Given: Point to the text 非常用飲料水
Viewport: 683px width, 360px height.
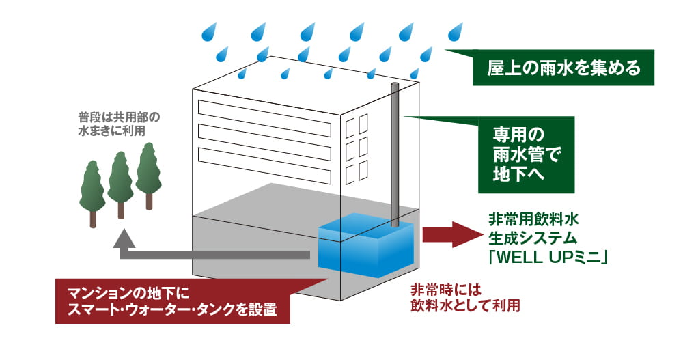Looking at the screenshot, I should (533, 220).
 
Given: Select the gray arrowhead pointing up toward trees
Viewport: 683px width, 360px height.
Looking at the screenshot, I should (124, 238).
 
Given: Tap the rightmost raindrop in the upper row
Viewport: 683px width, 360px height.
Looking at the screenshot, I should (455, 31).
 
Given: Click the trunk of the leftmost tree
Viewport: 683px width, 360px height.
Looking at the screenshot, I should (94, 217).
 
